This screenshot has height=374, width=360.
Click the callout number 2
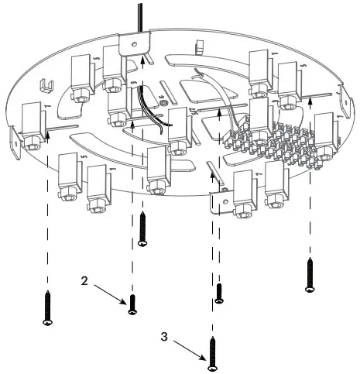84,282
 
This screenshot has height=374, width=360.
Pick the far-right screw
310,274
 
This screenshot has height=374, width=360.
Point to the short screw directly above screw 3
219,293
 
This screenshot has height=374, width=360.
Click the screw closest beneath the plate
142,230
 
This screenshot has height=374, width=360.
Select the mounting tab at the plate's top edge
132,46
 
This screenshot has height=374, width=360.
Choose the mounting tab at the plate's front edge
221,199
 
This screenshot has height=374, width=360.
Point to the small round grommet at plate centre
165,102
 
